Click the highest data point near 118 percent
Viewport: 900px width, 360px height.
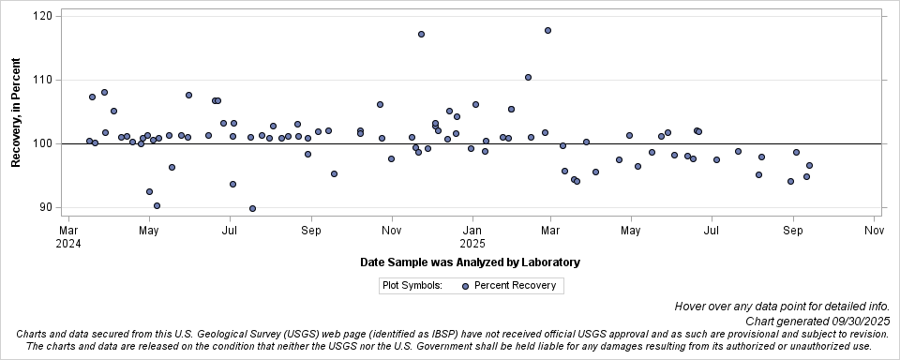(x=547, y=30)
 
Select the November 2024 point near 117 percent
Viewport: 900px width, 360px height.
(x=421, y=34)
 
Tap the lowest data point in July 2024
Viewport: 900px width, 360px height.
(x=252, y=208)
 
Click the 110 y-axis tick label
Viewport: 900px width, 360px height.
(x=43, y=80)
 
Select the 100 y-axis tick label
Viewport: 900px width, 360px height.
(x=43, y=143)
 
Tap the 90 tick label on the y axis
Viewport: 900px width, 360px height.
(x=47, y=207)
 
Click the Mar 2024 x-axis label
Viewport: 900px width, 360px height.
(x=68, y=235)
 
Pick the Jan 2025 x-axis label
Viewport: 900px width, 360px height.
(x=472, y=235)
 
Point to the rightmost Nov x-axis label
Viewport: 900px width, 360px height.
(x=874, y=229)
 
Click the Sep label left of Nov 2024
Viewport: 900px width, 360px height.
(x=311, y=229)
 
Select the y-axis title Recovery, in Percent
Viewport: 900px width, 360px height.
(x=16, y=112)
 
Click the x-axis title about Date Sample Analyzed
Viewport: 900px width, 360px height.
(x=470, y=262)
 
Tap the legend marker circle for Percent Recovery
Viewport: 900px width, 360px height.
(x=466, y=285)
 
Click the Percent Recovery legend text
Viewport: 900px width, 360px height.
(x=515, y=285)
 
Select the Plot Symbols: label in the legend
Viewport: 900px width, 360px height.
(x=412, y=285)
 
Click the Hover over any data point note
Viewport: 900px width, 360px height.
(x=780, y=307)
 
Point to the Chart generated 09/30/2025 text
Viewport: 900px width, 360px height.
(x=817, y=321)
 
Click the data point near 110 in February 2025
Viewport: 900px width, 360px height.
(x=528, y=77)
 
